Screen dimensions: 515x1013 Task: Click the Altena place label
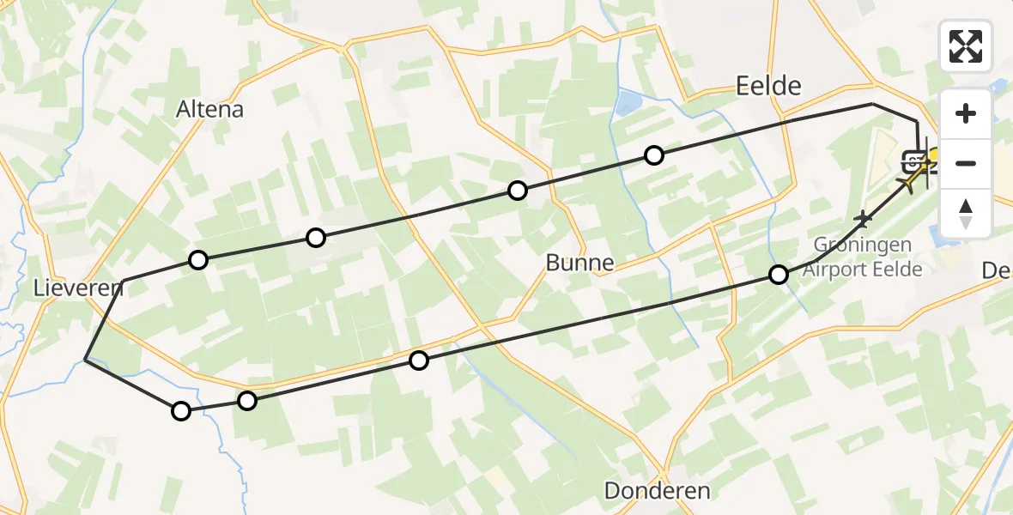[209, 110]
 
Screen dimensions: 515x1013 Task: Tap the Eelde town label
[768, 86]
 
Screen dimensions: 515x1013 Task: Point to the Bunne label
[580, 263]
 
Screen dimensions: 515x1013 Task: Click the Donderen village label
[658, 491]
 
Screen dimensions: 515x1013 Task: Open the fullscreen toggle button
[966, 46]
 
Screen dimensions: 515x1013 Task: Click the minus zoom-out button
[966, 163]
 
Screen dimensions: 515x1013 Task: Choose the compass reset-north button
[966, 213]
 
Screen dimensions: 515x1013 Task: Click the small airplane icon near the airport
[863, 220]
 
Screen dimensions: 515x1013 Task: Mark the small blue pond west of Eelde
[627, 104]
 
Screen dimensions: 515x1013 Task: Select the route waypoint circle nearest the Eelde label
[654, 155]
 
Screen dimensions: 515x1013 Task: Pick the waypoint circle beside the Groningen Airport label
[778, 275]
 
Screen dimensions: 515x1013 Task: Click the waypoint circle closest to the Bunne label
[517, 191]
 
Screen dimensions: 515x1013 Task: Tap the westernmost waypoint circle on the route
[180, 411]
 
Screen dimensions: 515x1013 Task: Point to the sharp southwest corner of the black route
[85, 360]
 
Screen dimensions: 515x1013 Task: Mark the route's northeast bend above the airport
[873, 104]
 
